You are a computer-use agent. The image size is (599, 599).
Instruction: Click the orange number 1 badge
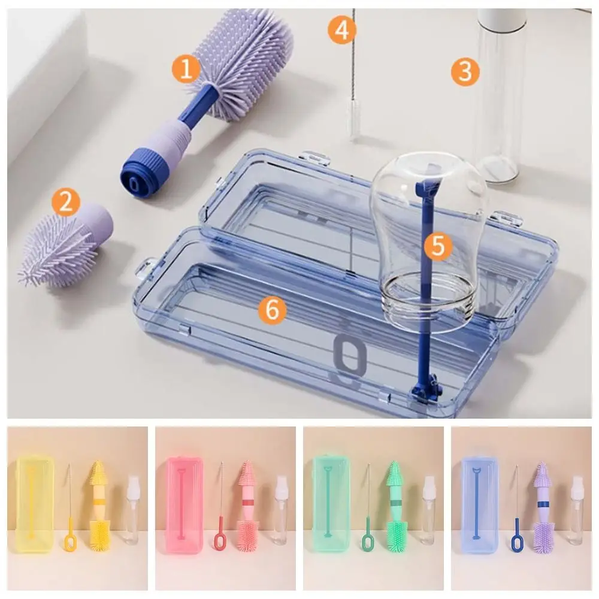click(x=187, y=69)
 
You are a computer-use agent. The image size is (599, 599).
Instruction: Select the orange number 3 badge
click(x=465, y=71)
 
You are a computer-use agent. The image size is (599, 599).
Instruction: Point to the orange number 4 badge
click(x=341, y=30)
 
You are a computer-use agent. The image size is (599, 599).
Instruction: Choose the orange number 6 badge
click(x=272, y=310)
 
